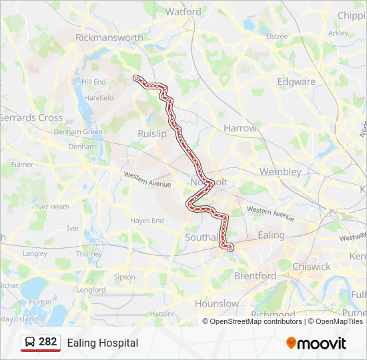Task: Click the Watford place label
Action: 183,12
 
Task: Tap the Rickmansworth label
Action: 109,38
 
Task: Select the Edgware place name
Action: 297,82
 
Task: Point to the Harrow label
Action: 240,128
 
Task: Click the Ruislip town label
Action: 151,134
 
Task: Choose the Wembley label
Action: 280,171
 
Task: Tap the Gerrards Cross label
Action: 31,118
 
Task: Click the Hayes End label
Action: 147,221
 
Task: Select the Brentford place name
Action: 255,275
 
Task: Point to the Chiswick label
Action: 311,267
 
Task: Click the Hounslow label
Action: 216,304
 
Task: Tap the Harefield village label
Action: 98,98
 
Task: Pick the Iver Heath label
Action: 52,207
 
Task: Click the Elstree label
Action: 276,37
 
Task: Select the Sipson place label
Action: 124,277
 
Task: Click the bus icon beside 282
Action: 30,343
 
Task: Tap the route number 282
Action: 48,342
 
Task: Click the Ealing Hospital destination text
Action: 102,343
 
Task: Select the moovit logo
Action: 316,343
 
